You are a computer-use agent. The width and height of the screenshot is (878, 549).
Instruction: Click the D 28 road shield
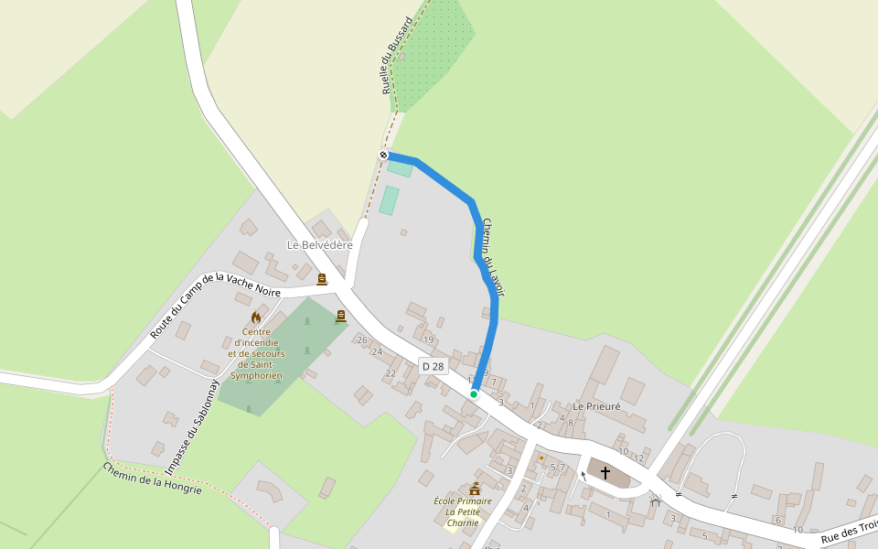click(x=433, y=366)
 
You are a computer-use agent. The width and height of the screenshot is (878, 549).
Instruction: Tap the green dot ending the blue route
click(x=474, y=394)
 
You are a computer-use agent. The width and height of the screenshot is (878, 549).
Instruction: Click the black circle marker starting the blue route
click(x=384, y=155)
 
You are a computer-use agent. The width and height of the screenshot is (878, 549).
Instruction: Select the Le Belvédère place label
click(x=319, y=245)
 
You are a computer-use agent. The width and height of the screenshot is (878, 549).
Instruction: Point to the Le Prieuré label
click(x=596, y=405)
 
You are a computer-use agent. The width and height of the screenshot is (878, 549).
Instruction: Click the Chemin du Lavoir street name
click(x=493, y=256)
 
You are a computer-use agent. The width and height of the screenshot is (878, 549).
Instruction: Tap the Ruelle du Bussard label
click(x=398, y=56)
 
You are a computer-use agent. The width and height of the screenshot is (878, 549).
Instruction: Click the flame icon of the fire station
click(x=256, y=318)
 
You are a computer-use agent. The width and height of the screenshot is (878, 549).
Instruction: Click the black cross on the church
click(x=605, y=472)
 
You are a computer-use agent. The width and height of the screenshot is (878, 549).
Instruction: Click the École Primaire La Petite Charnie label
click(x=463, y=511)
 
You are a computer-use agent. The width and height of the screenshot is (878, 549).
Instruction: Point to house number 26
click(x=362, y=340)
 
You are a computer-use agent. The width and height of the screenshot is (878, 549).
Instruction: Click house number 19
click(x=428, y=339)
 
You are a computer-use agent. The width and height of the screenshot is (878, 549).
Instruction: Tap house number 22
click(x=391, y=372)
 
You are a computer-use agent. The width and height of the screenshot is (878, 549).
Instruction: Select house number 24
click(x=377, y=351)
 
